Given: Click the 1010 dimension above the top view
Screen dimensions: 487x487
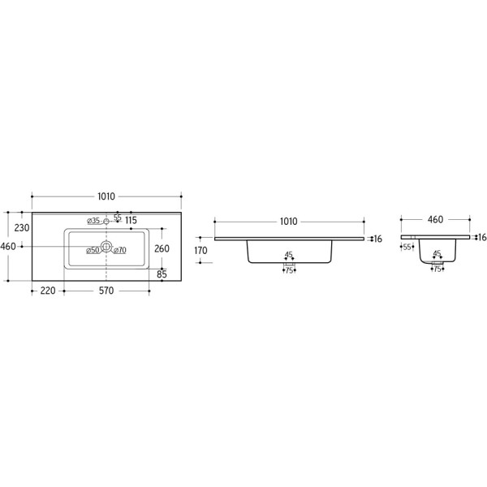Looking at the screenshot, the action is click(106, 196).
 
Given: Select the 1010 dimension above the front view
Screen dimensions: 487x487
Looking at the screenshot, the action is click(288, 222).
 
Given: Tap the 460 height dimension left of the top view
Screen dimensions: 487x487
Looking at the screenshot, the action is click(8, 246).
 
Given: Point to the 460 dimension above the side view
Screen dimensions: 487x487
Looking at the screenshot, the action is click(435, 220).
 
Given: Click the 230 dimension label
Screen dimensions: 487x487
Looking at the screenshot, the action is click(22, 228).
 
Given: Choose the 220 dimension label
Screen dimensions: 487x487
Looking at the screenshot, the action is click(48, 291).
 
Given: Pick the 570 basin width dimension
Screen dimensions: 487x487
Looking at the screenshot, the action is click(106, 291).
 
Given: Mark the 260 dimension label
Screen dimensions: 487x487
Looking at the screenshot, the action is click(162, 248).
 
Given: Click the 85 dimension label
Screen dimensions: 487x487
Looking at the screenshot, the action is click(162, 274).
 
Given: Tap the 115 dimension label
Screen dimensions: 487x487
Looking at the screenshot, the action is click(131, 220).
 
